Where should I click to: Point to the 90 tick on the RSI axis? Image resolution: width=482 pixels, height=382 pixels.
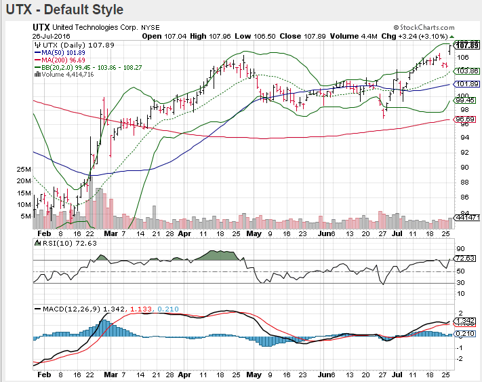tap(459, 249)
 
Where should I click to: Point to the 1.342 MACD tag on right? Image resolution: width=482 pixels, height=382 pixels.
tap(464, 321)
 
